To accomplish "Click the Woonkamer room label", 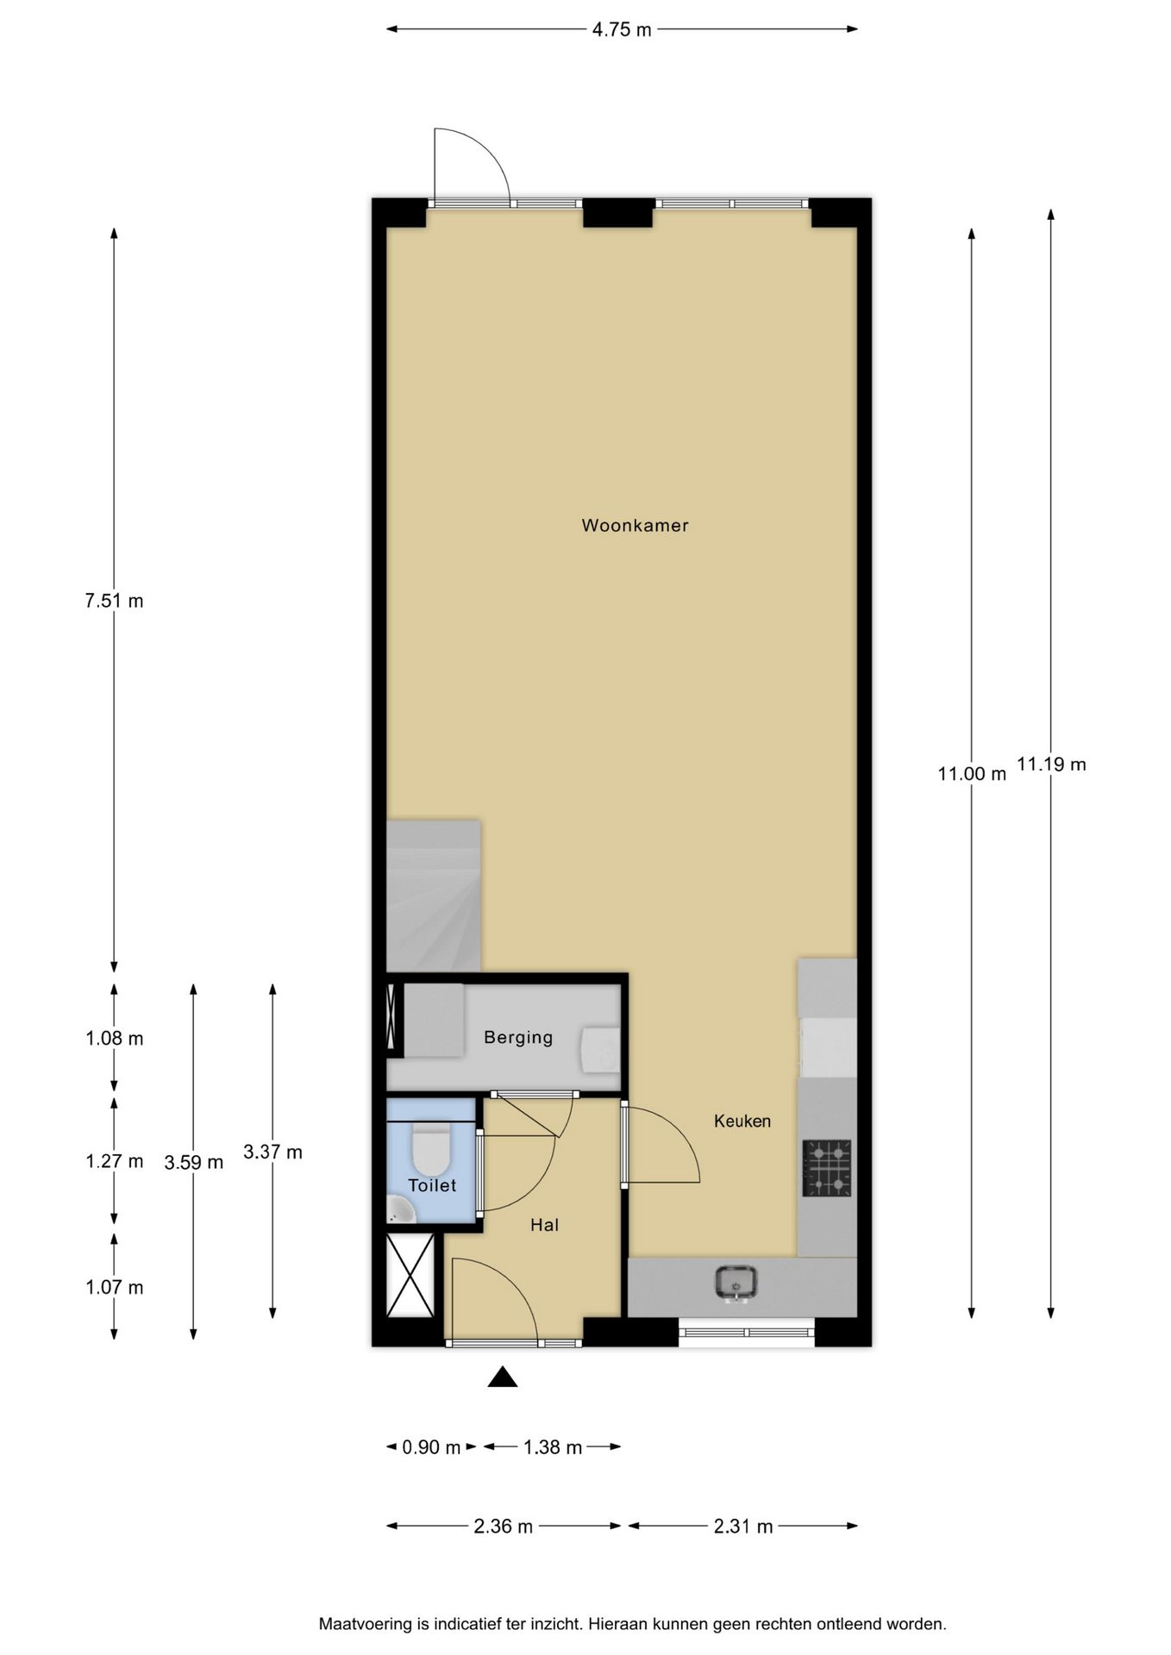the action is coord(635,525).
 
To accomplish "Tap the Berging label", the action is coord(518,1038).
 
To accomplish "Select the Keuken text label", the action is coord(742,1121).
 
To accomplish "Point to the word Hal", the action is coord(545,1225).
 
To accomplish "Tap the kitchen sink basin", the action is coord(736,1282).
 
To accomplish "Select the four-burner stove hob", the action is coord(827,1168).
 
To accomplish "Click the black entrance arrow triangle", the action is coord(503,1377).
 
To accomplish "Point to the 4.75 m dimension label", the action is coord(622,30).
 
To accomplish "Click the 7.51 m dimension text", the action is coord(114,601).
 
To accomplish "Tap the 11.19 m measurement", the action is coord(1051,764).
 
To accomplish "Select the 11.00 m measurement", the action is coord(972,773).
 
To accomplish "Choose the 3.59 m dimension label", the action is coord(194,1162).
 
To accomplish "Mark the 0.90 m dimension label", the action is coord(431,1447).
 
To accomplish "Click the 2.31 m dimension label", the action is coord(743,1527).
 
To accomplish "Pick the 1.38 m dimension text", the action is coord(553,1447).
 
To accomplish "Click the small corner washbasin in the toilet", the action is coord(399,1210).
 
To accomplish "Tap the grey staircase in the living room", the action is coord(433,896).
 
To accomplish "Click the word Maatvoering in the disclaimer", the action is coord(366,1624).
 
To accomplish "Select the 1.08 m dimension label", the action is coord(114,1039).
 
